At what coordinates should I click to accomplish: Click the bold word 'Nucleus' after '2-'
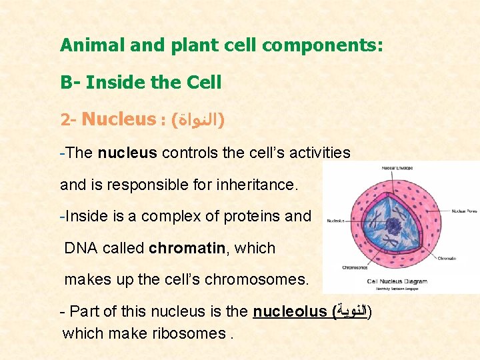click(x=118, y=120)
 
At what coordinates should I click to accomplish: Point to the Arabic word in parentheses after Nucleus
click(x=197, y=121)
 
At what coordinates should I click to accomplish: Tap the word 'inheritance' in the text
click(x=256, y=185)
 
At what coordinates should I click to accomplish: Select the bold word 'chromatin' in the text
click(x=187, y=249)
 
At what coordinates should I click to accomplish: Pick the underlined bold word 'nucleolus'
click(x=289, y=311)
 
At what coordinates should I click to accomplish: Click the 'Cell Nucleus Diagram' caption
click(x=397, y=281)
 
